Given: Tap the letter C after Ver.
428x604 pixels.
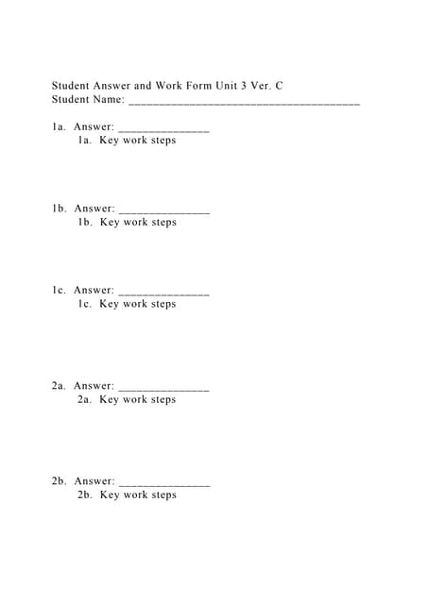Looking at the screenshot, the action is [x=279, y=86].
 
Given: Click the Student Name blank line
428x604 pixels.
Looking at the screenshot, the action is [x=244, y=101].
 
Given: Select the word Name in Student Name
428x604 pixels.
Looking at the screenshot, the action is [x=108, y=99].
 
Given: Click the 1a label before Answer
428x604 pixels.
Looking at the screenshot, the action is [x=59, y=126].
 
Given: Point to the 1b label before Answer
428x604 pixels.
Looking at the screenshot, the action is [x=59, y=209].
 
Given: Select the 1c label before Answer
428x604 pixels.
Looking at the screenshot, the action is [x=59, y=291].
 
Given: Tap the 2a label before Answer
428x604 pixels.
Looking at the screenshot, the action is [x=59, y=386].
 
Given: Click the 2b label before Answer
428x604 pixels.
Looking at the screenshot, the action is [x=59, y=481].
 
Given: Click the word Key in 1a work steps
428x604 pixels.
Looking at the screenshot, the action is [x=109, y=141].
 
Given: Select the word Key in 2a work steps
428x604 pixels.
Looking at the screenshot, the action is [x=109, y=400].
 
